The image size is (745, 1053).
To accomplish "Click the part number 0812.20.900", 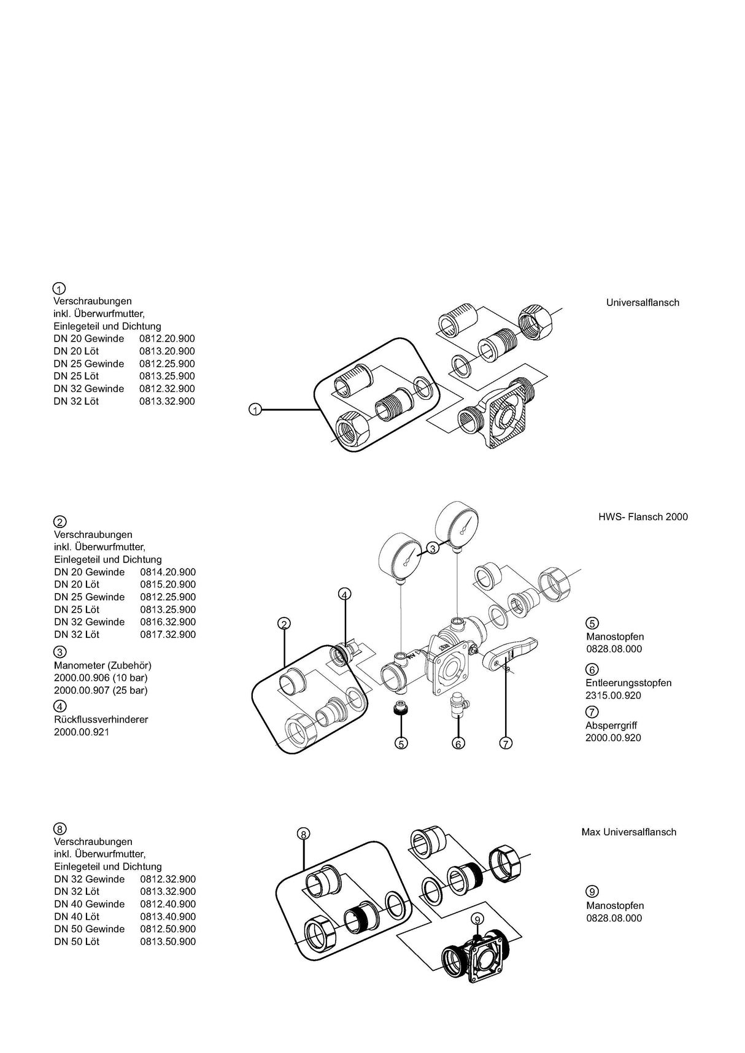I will coord(167,339).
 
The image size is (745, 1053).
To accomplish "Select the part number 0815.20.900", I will coord(168,584).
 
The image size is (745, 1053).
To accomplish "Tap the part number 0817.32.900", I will coord(168,635).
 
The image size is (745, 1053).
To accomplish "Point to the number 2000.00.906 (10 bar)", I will coord(101,678).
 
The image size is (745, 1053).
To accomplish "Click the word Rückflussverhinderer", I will coord(101,719).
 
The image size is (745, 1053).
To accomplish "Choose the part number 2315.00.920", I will coord(613,695).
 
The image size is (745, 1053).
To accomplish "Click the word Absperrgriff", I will coord(611,726).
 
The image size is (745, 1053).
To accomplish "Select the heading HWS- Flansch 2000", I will coord(643,517).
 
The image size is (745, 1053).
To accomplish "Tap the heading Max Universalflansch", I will coord(628,832).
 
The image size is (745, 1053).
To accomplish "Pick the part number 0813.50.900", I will coord(168,941).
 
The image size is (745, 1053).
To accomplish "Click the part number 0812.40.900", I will coord(168,904).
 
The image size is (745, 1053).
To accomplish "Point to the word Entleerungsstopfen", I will coord(628,683).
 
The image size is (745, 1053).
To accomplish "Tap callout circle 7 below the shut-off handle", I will coord(506,743).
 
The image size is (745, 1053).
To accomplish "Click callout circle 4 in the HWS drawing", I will coord(345,594).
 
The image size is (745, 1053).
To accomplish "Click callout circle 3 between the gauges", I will coord(433,548).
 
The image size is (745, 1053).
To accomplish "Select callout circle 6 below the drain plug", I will coord(458,743).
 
